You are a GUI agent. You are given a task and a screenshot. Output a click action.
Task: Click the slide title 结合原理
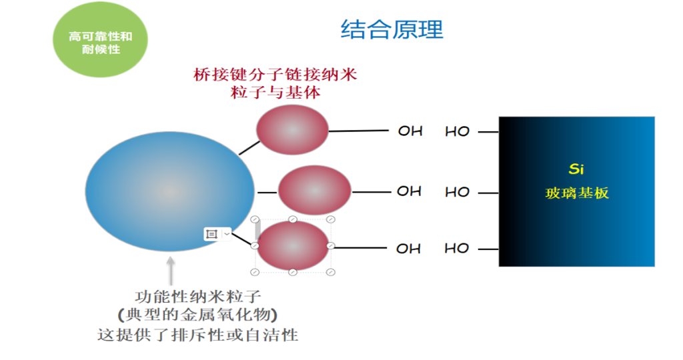point(392,30)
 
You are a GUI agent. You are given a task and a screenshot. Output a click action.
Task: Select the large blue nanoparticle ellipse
point(170,192)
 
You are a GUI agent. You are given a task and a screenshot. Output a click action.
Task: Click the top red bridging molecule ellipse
point(293,129)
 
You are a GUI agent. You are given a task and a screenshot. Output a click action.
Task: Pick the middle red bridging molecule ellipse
point(313,191)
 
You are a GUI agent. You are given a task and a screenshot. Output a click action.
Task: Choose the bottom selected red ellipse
point(293,245)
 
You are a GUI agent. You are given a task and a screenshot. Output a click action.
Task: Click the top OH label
point(410,131)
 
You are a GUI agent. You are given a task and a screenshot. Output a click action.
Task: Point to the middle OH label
point(409,191)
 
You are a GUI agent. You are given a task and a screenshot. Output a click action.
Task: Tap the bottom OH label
point(408,249)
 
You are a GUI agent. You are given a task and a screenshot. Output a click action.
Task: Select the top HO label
point(458,131)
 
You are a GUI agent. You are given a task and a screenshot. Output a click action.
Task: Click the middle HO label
point(458,192)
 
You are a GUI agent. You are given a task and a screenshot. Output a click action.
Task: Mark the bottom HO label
point(457,248)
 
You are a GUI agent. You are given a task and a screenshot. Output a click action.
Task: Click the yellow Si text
point(576,169)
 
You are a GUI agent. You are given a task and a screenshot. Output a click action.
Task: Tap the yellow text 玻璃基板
point(577,193)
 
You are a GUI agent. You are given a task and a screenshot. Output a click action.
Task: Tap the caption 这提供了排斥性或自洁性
point(197,334)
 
